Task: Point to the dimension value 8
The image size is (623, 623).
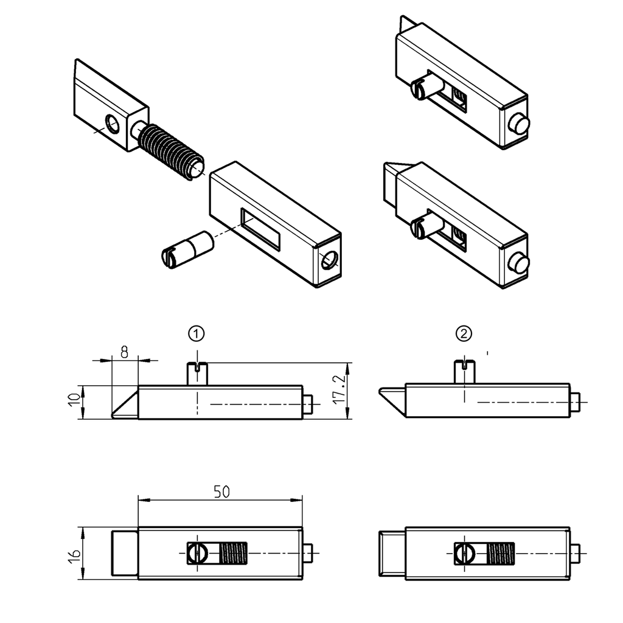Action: click(x=125, y=351)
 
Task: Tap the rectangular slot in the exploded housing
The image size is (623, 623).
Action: click(x=260, y=229)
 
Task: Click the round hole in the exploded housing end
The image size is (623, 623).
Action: click(x=329, y=260)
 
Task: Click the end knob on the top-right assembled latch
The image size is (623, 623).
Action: click(x=519, y=125)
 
